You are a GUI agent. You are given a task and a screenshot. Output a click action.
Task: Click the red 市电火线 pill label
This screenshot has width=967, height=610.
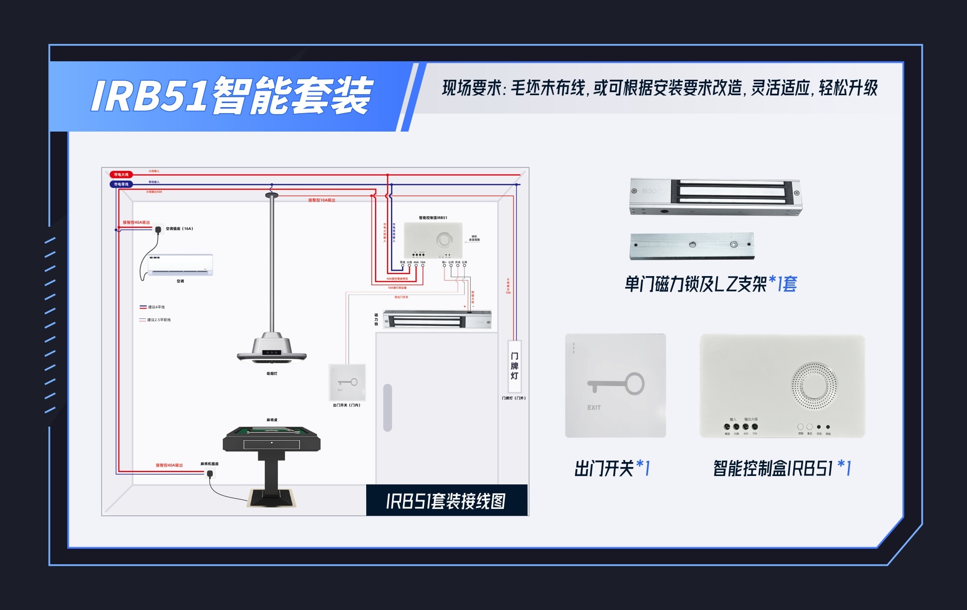point(121,174)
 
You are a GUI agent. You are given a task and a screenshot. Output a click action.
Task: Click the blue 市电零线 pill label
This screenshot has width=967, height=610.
point(121,184)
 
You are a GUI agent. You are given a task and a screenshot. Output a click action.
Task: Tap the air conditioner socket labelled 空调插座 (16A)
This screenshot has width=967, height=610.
point(158,229)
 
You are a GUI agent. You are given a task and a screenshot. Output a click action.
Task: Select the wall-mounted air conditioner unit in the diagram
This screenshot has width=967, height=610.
point(180,265)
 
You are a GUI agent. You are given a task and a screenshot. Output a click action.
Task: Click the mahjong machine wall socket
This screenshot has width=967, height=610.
point(210,473)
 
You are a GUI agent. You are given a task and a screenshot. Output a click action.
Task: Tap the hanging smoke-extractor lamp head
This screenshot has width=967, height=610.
point(272,349)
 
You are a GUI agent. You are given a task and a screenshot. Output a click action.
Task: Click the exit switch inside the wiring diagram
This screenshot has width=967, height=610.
point(347,382)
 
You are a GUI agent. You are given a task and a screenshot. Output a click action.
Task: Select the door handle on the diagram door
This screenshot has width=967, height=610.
point(388,407)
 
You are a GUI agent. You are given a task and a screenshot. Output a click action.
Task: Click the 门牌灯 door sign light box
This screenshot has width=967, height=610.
point(514,366)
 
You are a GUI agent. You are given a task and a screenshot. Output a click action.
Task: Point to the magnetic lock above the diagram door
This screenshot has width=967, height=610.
point(437,319)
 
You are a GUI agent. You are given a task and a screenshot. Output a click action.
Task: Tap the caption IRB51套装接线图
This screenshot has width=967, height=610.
point(446,501)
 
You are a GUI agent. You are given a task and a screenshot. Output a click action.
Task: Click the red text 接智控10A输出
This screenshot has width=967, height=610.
point(321,200)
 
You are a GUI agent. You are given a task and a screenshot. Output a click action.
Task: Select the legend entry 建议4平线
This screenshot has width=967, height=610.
point(156,307)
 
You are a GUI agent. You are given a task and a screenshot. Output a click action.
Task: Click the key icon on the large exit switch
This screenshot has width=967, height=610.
point(616,384)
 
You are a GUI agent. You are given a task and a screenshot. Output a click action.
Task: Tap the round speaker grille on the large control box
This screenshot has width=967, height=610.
point(814,385)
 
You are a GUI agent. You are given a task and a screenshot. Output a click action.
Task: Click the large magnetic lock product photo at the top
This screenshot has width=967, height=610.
point(715,197)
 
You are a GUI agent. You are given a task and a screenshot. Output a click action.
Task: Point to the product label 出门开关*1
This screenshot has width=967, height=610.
point(612,468)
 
